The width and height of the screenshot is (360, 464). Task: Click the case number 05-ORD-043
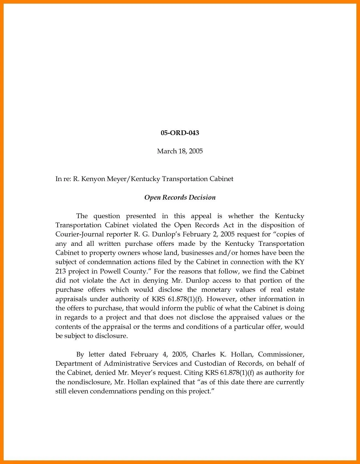(180, 133)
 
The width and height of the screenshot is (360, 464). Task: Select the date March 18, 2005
(180, 151)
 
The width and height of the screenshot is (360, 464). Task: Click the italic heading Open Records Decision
(180, 197)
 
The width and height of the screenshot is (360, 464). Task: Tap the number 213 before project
(60, 271)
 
